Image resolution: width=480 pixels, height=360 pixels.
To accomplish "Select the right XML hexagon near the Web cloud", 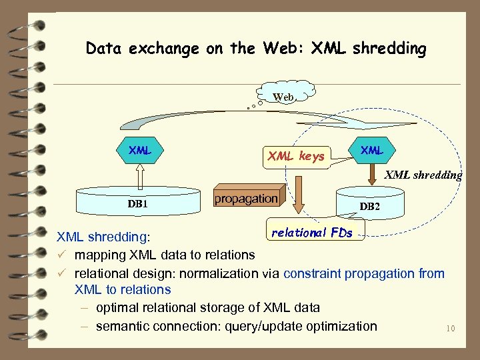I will pos(371,150).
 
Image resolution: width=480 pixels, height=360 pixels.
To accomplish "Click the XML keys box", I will pos(296,157).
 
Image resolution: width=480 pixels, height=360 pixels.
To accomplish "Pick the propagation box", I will pos(246,199).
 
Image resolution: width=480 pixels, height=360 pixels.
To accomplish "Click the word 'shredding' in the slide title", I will pos(392,49).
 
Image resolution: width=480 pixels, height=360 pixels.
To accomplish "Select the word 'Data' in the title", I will pos(103,49).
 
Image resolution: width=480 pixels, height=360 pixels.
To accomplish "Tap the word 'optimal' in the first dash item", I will pos(118,307).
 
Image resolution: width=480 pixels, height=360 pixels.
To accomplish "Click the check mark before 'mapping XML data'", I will pos(61,255).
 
